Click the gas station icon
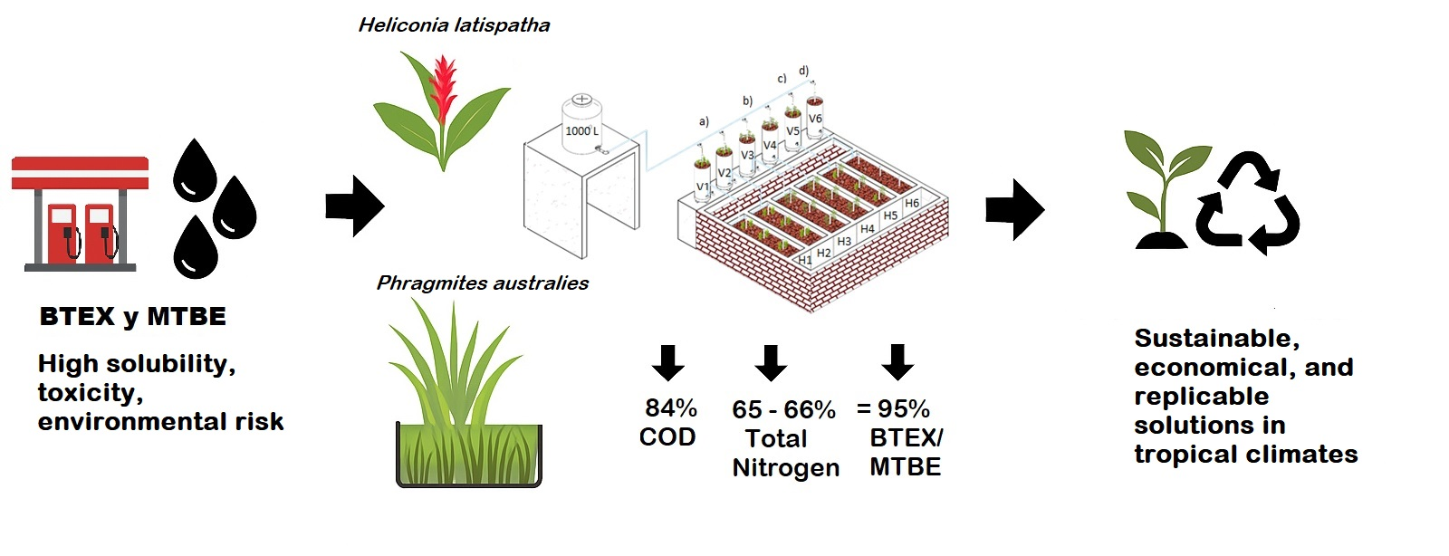80,214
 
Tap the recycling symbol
1248,204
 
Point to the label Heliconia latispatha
454,25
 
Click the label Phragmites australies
482,283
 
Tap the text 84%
670,408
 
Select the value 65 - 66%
783,410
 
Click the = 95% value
893,409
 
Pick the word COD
667,437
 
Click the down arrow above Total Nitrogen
771,363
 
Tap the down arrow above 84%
668,363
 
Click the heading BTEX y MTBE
133,317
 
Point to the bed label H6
911,204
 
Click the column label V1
703,187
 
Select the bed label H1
804,260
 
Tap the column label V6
815,119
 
